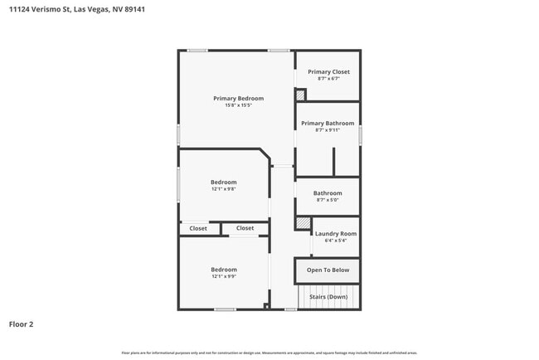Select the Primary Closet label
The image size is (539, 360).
point(328,72)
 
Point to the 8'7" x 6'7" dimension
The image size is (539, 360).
point(328,79)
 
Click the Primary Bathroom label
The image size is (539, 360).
point(328,124)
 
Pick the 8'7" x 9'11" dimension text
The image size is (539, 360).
point(328,130)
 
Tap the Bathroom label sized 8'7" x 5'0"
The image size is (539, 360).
point(328,193)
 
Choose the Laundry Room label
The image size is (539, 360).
point(336,234)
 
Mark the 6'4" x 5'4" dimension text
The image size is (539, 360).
point(336,241)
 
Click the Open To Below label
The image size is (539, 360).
point(328,270)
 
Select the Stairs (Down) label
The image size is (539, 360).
point(328,297)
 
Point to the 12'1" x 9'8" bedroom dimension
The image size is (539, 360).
point(223,189)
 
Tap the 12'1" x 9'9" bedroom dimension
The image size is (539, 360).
point(223,276)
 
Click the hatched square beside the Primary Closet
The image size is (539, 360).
point(300,95)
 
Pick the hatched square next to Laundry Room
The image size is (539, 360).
point(303,223)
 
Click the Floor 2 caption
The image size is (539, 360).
point(21,324)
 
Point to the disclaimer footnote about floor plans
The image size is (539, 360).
point(269,353)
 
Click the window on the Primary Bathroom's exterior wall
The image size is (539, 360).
point(360,135)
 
